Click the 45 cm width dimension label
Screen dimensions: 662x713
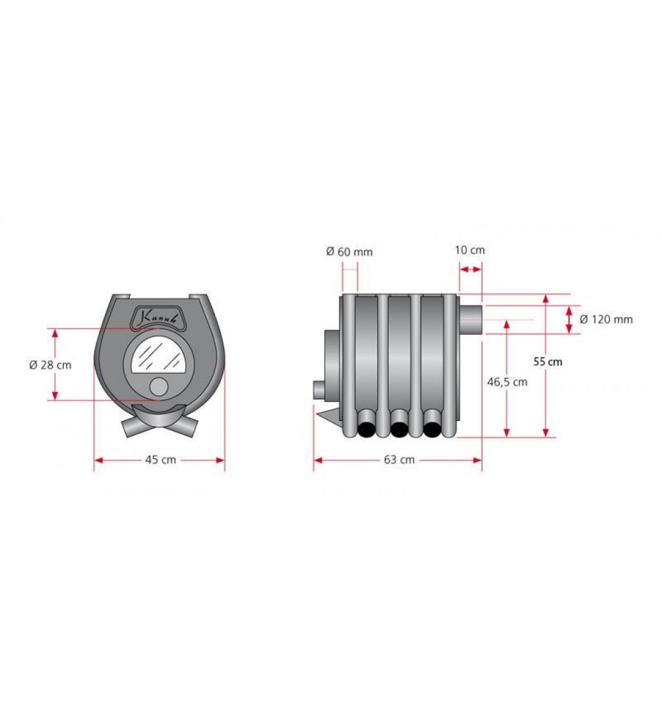[x=160, y=460]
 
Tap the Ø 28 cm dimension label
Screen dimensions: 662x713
[x=50, y=365]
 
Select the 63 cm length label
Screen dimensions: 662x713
[x=399, y=460]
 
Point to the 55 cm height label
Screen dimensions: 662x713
[x=547, y=362]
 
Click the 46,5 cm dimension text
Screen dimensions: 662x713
[x=507, y=383]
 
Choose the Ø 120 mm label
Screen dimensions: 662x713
[x=606, y=320]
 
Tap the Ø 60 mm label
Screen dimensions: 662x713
[x=349, y=251]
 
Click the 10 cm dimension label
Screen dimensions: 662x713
[x=470, y=250]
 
